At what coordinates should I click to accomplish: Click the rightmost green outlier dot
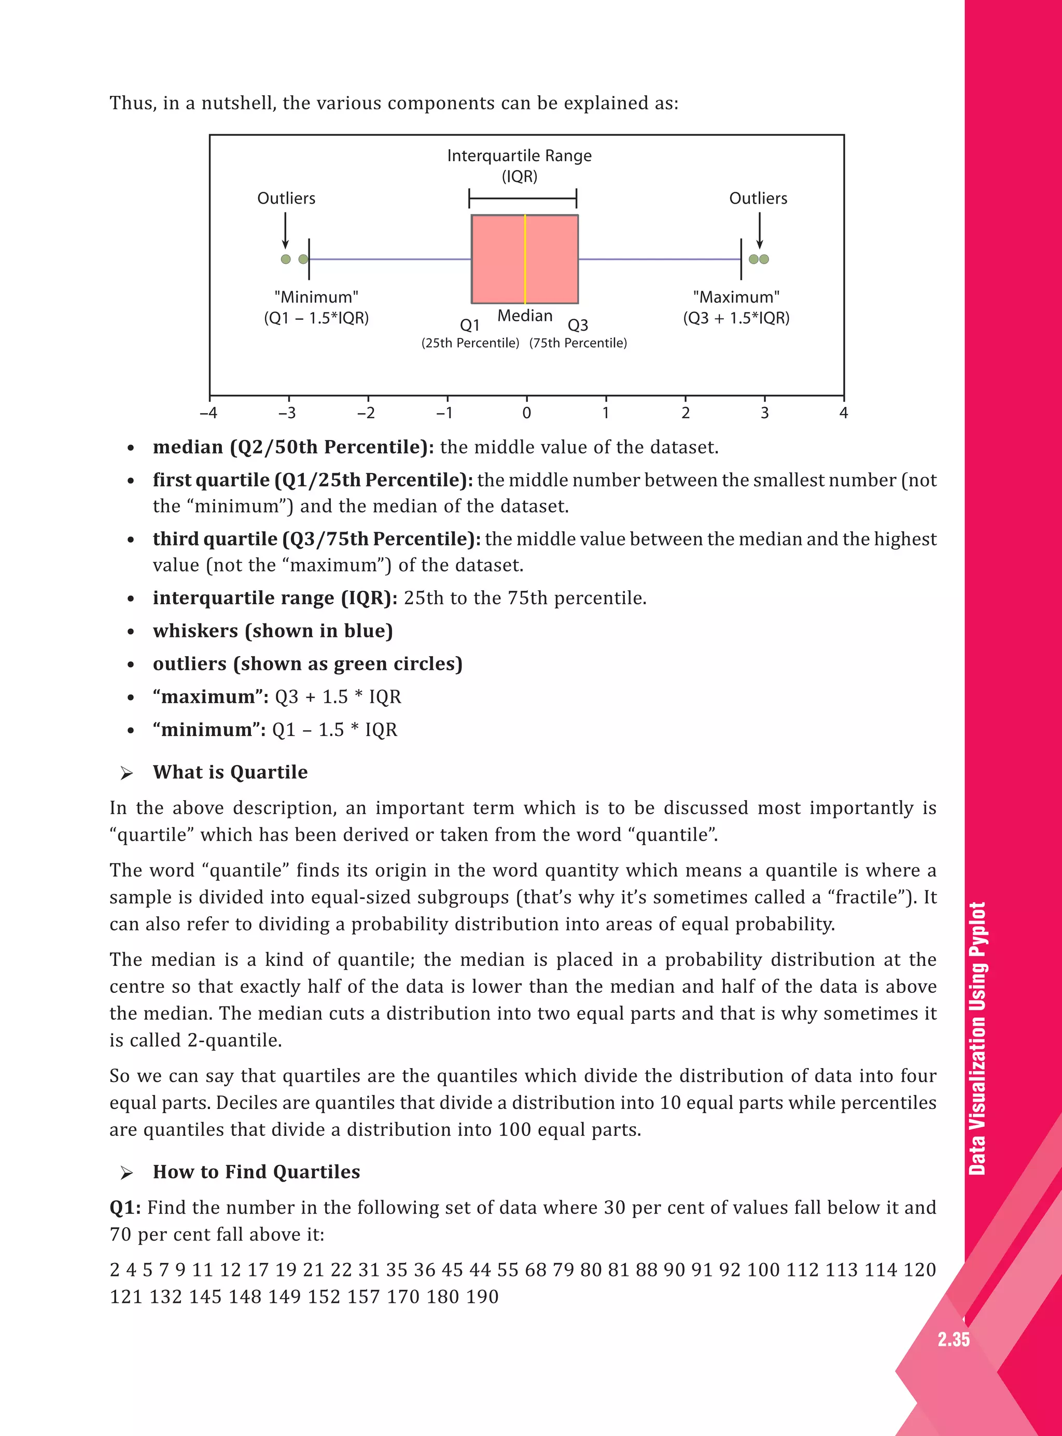pos(764,259)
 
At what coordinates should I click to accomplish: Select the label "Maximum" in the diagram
pos(736,297)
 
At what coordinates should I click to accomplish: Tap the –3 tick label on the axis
pos(287,413)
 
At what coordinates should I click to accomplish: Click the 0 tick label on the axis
pos(526,413)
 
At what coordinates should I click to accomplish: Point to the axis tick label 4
pos(843,413)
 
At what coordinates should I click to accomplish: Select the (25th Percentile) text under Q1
pos(470,343)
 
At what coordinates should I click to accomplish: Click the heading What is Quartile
pos(230,772)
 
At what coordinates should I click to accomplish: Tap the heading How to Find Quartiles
pos(256,1171)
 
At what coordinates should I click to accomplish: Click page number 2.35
pos(953,1340)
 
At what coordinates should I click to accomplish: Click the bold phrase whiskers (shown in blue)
pos(273,630)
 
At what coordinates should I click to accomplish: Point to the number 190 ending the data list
pos(482,1297)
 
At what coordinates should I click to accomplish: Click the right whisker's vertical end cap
pos(741,259)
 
